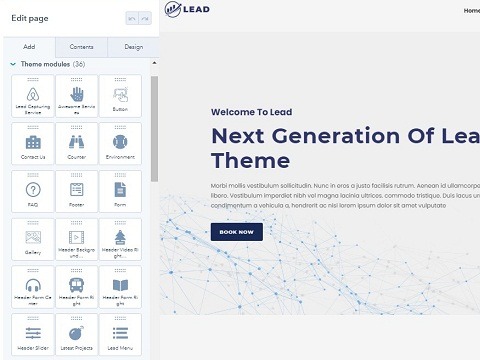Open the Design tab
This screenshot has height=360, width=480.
133,47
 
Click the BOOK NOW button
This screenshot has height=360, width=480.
236,231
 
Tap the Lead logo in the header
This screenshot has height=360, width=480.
188,11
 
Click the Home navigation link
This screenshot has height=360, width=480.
471,11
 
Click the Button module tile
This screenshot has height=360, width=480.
120,96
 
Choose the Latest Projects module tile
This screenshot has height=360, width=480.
77,335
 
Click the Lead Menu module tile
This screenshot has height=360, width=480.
120,335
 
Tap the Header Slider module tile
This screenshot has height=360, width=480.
34,335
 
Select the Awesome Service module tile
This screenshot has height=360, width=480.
77,96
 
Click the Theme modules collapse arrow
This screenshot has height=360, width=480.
12,64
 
